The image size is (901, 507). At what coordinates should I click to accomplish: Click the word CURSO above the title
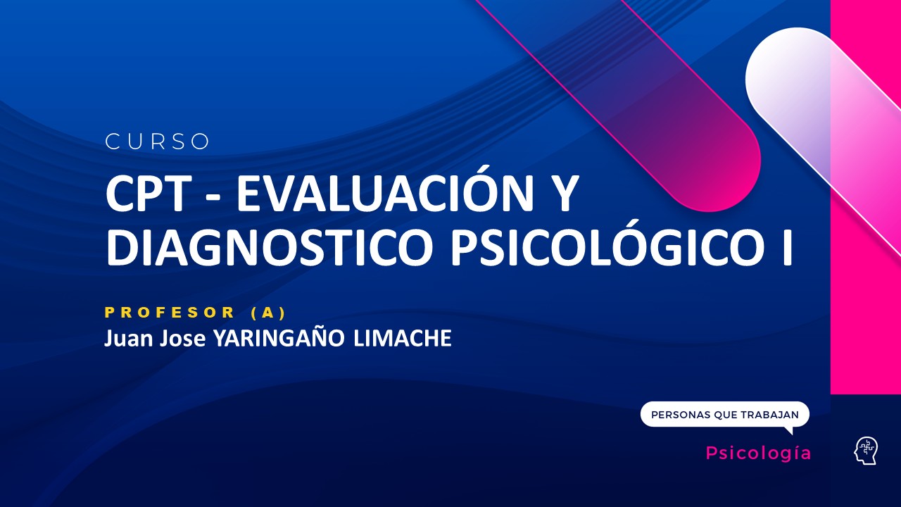pyautogui.click(x=158, y=142)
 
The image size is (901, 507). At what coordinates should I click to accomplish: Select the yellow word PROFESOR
pyautogui.click(x=170, y=312)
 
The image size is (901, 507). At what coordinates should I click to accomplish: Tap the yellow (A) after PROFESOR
pyautogui.click(x=268, y=312)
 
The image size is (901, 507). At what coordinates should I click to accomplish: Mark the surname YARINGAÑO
pyautogui.click(x=279, y=338)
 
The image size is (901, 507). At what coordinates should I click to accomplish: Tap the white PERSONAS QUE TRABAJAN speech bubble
pyautogui.click(x=724, y=415)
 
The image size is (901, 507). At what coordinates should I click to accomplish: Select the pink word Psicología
pyautogui.click(x=758, y=453)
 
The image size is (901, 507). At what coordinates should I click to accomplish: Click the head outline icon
pyautogui.click(x=866, y=451)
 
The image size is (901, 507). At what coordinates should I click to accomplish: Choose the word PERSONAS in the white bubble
pyautogui.click(x=680, y=415)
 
